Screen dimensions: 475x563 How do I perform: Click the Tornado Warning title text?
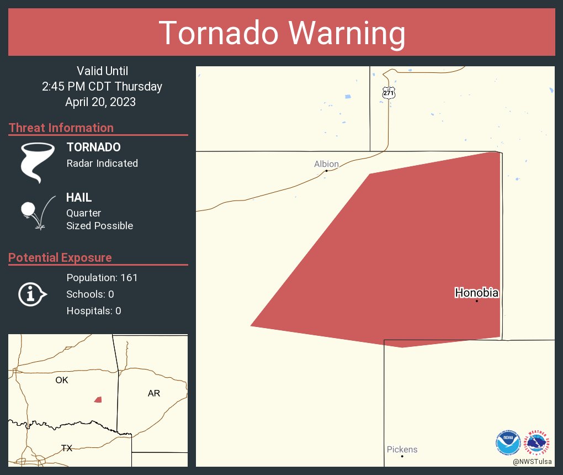(x=281, y=33)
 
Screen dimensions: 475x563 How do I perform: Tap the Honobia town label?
(x=476, y=293)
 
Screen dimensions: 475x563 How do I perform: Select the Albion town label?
(x=326, y=163)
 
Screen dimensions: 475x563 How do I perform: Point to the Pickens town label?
(x=402, y=449)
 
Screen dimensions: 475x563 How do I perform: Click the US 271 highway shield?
(x=389, y=93)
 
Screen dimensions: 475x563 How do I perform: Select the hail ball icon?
(x=28, y=209)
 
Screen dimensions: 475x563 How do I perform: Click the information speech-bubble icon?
(x=32, y=294)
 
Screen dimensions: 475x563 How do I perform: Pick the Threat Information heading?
(x=61, y=128)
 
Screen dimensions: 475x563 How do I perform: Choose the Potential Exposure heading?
(x=60, y=257)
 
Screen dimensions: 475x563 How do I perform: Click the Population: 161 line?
(x=102, y=277)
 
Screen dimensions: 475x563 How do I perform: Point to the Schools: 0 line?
(x=90, y=294)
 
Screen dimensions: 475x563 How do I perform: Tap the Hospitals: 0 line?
(x=94, y=310)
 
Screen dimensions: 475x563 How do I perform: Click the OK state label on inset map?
(x=62, y=380)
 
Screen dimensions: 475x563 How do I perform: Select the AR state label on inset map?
(x=154, y=393)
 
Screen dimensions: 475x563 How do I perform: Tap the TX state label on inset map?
(x=67, y=448)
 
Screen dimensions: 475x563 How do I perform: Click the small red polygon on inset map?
(x=98, y=399)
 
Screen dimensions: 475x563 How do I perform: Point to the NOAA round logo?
(x=508, y=442)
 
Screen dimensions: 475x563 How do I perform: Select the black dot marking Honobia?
(x=476, y=301)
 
